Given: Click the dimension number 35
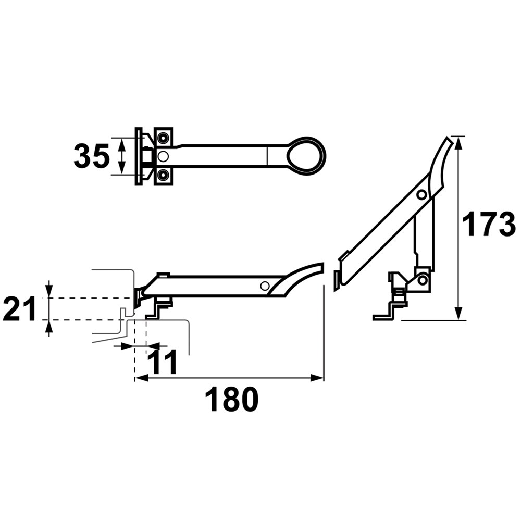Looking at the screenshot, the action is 91,156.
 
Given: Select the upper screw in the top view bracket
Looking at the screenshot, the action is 163,138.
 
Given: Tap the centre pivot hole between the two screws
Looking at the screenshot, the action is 163,156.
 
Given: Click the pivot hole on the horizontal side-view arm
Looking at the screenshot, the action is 265,286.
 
